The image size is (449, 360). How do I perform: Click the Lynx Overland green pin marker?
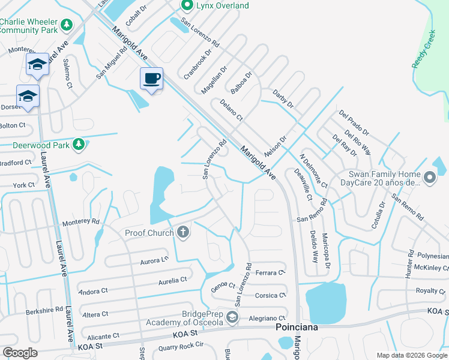tap(187, 5)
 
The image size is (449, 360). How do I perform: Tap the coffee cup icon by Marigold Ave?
tap(151, 78)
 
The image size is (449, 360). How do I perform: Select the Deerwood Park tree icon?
tap(78, 144)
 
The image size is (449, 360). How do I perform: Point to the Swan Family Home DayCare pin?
tap(429, 178)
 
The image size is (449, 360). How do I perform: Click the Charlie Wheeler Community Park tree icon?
tap(67, 25)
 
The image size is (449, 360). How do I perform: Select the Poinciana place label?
tap(296, 328)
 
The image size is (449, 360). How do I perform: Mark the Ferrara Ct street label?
tap(270, 272)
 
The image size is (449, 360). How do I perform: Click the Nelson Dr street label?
tap(276, 146)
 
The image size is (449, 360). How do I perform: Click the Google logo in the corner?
tap(20, 353)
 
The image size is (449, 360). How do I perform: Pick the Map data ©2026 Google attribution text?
tap(412, 355)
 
